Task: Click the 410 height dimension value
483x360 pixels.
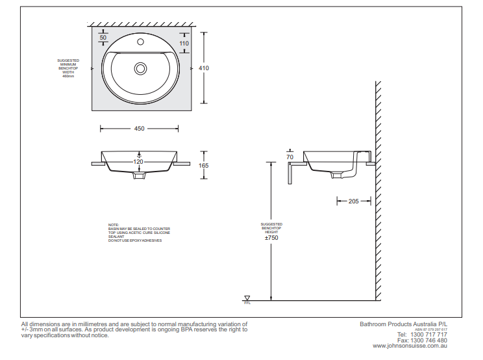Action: coord(204,68)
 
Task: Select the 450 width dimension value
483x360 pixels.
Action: coord(139,129)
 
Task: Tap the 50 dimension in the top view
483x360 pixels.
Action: coord(103,38)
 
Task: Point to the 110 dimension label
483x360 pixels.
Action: coord(184,44)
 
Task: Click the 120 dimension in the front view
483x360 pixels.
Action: coord(138,161)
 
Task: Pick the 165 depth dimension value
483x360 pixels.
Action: coord(204,166)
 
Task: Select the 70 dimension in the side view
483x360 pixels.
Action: coord(290,157)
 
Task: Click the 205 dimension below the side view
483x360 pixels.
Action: coord(353,201)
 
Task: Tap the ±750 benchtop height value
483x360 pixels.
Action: coord(271,238)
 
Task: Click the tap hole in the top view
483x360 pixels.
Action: coord(140,41)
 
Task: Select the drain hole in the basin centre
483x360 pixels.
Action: coord(140,68)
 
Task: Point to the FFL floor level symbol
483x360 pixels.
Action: coord(247,299)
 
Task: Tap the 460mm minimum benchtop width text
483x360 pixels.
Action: coord(68,77)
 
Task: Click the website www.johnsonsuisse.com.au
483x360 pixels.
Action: coord(410,346)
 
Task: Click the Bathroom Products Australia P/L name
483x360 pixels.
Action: coord(403,324)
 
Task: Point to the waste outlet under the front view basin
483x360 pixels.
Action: coord(140,175)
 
